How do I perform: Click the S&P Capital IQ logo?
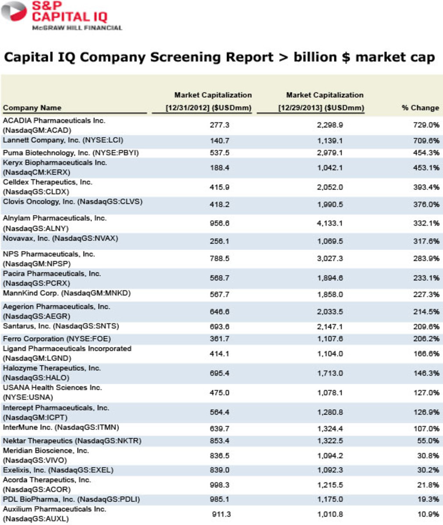click(61, 16)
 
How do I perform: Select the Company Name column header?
click(32, 108)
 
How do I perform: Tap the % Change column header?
click(420, 108)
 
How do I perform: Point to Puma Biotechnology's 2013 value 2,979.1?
click(330, 153)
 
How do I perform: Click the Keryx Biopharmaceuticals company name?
click(55, 167)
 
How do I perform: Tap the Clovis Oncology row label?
click(72, 202)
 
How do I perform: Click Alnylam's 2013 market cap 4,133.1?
click(330, 224)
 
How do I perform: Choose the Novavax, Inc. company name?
click(60, 238)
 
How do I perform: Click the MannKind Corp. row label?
click(67, 293)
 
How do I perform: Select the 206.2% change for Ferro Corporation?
click(427, 339)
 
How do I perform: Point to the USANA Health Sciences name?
click(52, 392)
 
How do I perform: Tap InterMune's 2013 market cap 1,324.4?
click(330, 429)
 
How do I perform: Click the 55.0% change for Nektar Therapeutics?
click(428, 441)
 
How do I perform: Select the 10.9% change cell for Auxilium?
click(428, 514)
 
